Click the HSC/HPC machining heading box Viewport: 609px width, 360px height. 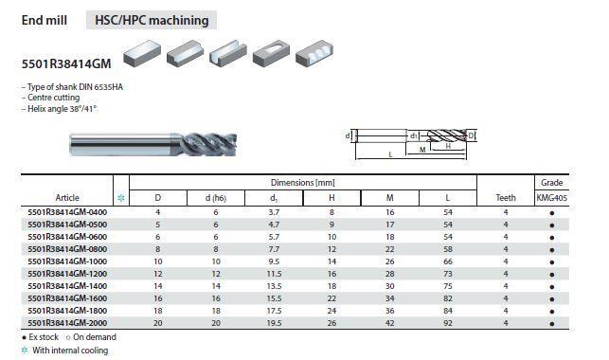tap(152, 20)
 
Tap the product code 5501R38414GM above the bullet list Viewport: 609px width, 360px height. tap(66, 63)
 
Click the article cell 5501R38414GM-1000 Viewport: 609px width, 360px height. tap(67, 261)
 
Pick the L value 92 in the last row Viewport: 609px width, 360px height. tap(448, 323)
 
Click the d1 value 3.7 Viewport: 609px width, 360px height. tap(274, 212)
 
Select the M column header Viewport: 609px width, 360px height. tap(389, 198)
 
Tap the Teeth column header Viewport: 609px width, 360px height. tap(506, 198)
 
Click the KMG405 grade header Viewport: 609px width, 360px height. tap(552, 198)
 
